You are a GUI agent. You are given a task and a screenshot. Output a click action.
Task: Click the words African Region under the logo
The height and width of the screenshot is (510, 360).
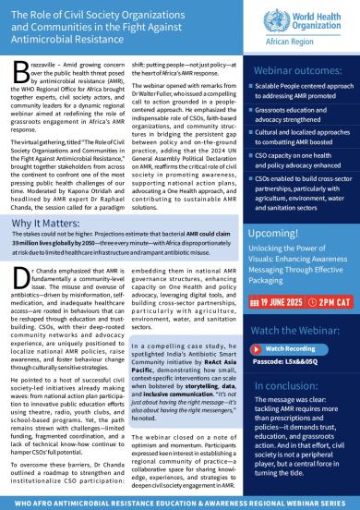pyautogui.click(x=316, y=42)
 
